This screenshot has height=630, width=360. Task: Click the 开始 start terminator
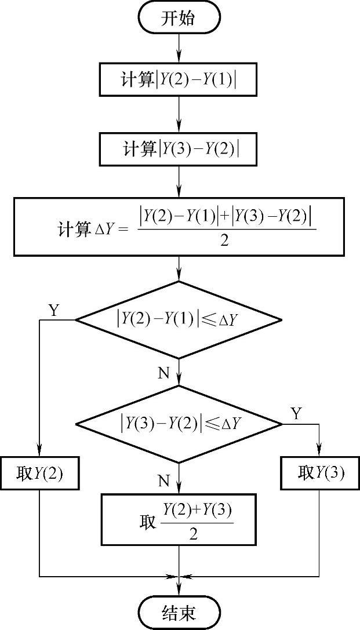tap(179, 18)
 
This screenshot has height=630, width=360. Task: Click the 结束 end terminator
tap(179, 612)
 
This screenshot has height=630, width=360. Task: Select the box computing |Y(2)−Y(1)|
tap(179, 80)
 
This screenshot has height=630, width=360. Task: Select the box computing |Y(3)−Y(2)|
tap(179, 149)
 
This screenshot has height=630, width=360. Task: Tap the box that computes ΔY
tap(180, 227)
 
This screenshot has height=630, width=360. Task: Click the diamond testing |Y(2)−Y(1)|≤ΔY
tap(179, 319)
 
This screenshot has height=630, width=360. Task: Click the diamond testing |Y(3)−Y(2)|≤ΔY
tap(179, 424)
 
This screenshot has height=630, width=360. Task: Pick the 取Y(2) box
tap(39, 474)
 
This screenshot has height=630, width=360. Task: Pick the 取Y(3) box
tap(320, 474)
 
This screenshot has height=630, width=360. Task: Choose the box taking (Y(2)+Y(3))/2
tap(179, 519)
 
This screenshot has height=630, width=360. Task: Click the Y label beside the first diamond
tap(54, 311)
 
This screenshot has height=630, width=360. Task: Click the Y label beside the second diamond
tap(296, 414)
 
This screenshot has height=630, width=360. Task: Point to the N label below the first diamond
tap(164, 373)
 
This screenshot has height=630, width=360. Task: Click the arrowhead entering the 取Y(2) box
tap(39, 453)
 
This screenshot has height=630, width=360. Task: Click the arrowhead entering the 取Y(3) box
tap(320, 453)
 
